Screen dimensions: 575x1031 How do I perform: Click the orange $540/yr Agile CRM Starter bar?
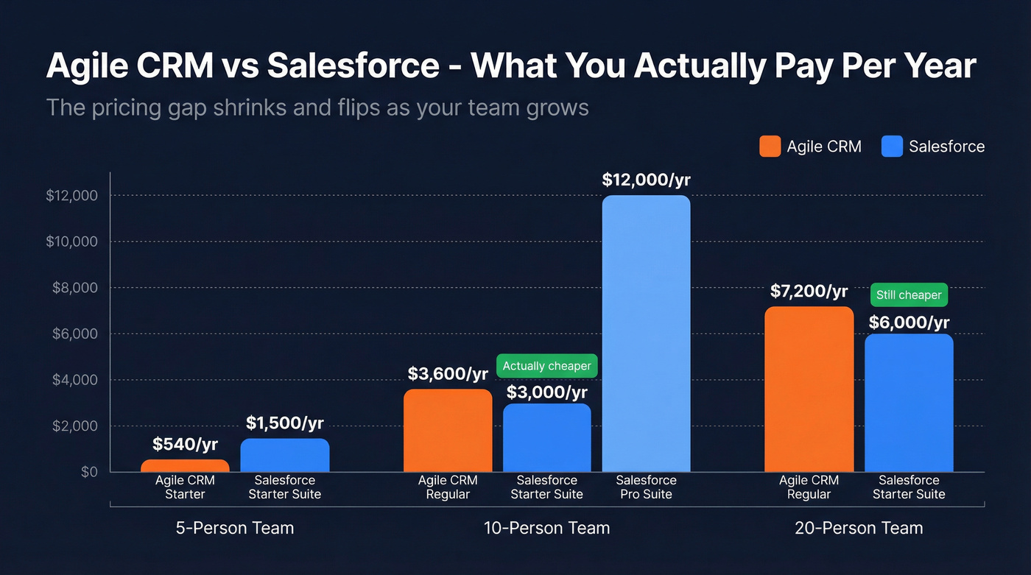tap(185, 465)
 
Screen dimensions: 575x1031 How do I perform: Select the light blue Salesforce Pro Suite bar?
tap(646, 334)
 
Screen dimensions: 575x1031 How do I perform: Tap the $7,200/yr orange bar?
tap(809, 389)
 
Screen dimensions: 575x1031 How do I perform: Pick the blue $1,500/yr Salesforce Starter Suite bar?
tap(284, 455)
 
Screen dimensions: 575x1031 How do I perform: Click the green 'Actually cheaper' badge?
tap(546, 366)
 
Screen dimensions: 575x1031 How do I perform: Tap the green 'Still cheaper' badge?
tap(909, 295)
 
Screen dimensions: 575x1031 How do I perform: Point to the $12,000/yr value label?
tap(646, 180)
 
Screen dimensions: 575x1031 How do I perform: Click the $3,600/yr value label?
tap(448, 374)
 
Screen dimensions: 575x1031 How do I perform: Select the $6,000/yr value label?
tap(909, 322)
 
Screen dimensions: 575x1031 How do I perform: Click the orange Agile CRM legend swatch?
tap(770, 147)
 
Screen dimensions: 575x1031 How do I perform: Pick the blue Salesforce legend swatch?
tap(892, 147)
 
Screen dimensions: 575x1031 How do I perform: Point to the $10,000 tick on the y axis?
tap(71, 241)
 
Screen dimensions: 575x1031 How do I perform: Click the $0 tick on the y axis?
tap(88, 472)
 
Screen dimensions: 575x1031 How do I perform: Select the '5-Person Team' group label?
tap(235, 528)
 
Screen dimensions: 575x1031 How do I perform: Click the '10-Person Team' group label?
tap(546, 528)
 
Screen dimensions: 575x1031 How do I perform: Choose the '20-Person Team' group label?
tap(859, 528)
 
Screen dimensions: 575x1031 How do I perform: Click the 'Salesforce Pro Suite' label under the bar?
tap(646, 487)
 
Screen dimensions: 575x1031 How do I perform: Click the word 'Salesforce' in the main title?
tap(353, 66)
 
